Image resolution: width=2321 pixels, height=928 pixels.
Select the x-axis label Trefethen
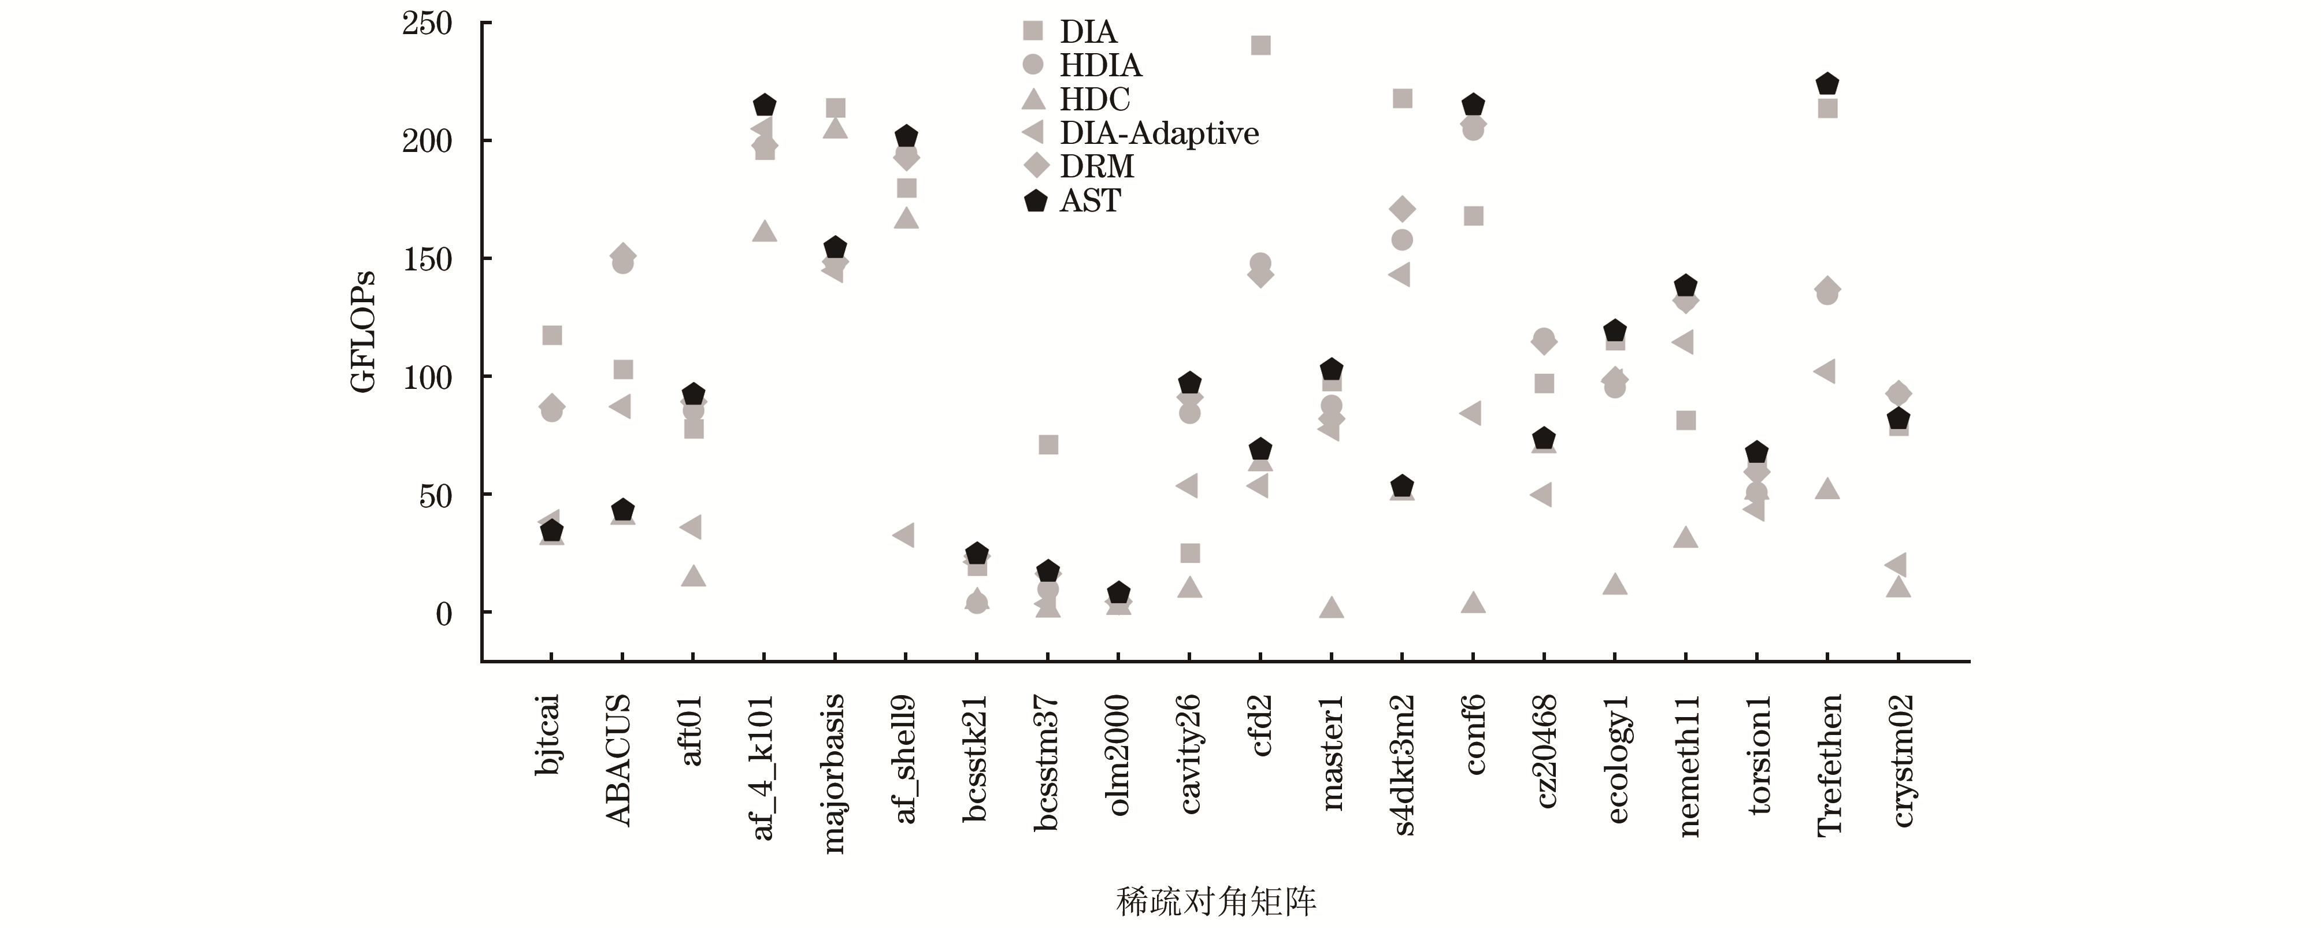1828,766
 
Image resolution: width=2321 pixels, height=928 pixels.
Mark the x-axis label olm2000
1118,755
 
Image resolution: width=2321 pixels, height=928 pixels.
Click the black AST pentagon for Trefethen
1827,84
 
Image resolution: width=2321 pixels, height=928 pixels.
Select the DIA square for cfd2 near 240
1260,45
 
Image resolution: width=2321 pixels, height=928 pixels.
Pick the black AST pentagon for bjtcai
551,532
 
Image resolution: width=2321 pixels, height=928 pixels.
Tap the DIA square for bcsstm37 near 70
1048,445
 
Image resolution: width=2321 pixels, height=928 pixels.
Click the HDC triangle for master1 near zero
1332,608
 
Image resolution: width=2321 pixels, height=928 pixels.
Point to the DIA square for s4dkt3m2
1402,98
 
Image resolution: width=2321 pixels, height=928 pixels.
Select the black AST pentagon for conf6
1473,105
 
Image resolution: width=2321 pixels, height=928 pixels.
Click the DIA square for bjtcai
551,335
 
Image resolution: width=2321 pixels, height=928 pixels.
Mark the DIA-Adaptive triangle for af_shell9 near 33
904,535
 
